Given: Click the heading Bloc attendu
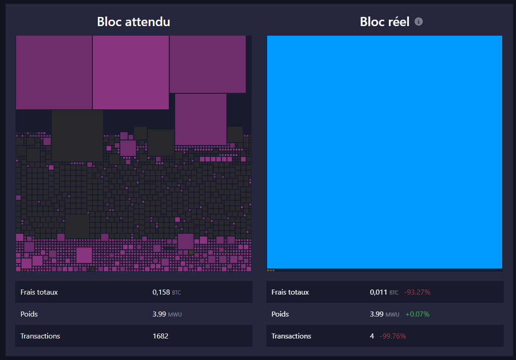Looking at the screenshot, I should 134,21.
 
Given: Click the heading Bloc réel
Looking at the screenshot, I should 384,21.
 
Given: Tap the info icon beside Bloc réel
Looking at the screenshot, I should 419,21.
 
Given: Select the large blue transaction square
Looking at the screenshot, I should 384,152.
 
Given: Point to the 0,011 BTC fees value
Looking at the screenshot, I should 384,292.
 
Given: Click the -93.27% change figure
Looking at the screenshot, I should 417,292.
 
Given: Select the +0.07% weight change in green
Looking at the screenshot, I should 417,314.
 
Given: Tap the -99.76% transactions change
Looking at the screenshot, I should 392,336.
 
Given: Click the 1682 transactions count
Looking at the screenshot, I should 160,336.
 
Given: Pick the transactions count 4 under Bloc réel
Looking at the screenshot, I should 372,336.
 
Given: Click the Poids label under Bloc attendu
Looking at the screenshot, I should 29,314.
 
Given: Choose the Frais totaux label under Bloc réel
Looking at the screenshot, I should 290,292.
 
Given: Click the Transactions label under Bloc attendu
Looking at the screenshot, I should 40,336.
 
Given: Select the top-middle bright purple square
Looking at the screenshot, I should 131,73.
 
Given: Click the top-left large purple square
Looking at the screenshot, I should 54,73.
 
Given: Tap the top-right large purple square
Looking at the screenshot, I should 207,64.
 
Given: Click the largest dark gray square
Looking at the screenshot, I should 77,136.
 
